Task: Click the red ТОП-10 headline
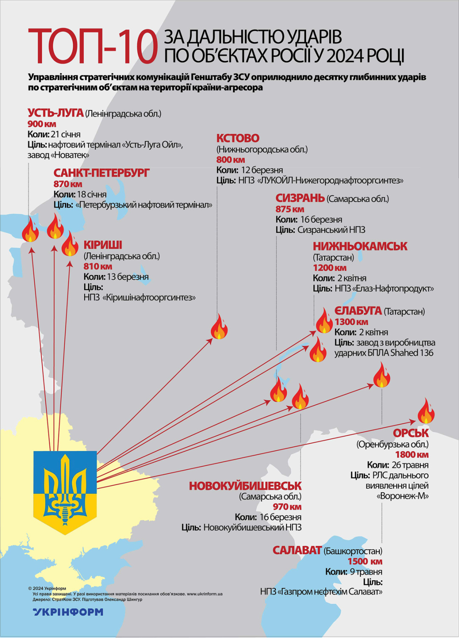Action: [x=93, y=46]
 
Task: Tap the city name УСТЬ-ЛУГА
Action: [x=55, y=113]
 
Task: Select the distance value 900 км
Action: [x=42, y=124]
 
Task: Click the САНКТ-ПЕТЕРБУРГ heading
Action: [x=101, y=173]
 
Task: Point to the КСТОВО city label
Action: [x=238, y=138]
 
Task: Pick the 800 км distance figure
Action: [x=230, y=160]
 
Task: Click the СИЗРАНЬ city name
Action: [x=300, y=198]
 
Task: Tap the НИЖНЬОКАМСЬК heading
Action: [x=360, y=247]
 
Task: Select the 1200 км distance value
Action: [x=329, y=268]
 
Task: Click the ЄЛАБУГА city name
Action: [x=358, y=311]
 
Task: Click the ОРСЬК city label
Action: [x=411, y=433]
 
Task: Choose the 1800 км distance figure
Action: [x=412, y=455]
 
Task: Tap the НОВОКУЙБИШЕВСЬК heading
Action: [x=245, y=486]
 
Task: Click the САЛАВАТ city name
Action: [x=297, y=550]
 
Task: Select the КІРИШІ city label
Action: [x=102, y=245]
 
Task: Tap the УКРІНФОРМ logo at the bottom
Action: [x=68, y=612]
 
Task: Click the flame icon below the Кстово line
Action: [x=219, y=327]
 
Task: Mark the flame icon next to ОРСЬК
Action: [x=425, y=411]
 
